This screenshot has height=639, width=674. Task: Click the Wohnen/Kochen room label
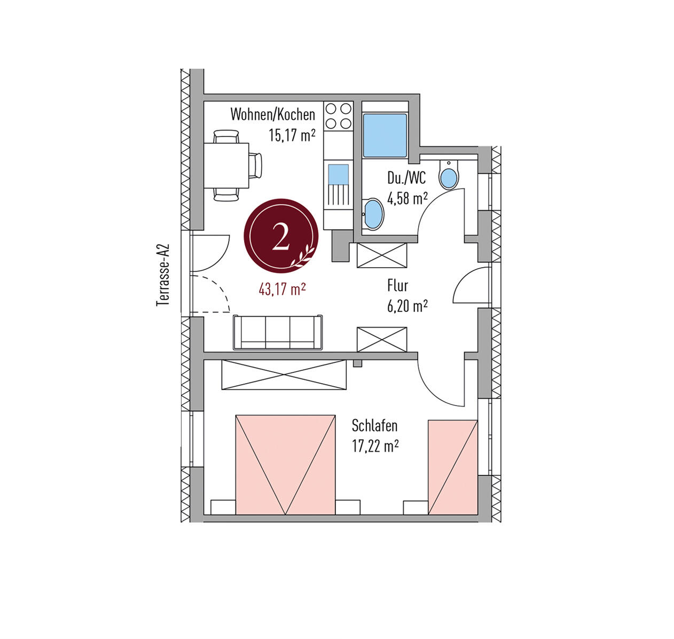coord(272,114)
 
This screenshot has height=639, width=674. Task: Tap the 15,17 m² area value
coord(292,135)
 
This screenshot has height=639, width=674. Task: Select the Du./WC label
coord(406,178)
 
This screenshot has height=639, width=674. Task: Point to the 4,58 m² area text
coord(407,198)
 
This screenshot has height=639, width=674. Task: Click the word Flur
coord(397,286)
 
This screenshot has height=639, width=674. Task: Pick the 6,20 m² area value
coord(407,306)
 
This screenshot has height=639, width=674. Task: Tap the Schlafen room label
coord(374,425)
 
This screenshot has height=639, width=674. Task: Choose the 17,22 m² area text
coord(375,446)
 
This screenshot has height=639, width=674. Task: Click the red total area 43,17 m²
coord(282,289)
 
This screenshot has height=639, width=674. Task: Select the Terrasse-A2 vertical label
coord(163,275)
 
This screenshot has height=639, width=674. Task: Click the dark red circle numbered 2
coord(281,236)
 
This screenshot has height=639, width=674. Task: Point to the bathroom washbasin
coord(373,214)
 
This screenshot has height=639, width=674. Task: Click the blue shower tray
coord(385,136)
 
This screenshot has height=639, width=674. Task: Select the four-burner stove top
coord(339,116)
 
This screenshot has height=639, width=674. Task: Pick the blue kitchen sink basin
coord(339,174)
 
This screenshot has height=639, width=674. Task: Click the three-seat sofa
coord(278,332)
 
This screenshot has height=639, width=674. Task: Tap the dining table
coord(226,165)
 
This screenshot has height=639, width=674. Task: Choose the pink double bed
coord(285,465)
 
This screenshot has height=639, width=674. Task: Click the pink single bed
coord(452,467)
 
